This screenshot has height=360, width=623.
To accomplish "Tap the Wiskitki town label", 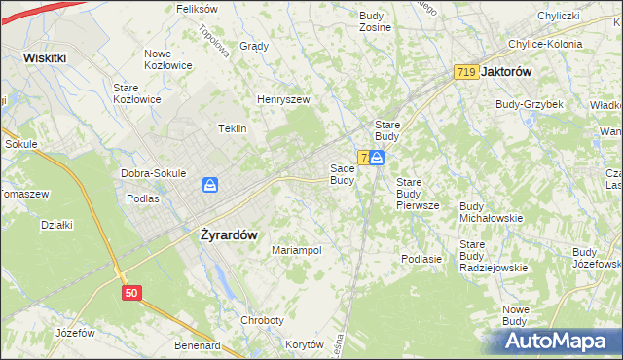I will (x=45, y=57).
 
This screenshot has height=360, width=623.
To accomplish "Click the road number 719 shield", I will (x=464, y=72).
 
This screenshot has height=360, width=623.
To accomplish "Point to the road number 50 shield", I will (x=132, y=292).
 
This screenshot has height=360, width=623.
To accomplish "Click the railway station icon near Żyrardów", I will (x=209, y=185).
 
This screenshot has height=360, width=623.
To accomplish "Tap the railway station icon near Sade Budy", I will (x=377, y=157).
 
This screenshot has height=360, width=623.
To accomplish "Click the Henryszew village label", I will (x=282, y=99).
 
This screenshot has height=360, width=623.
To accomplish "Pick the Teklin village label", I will (x=232, y=128).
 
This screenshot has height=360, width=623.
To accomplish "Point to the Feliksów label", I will (x=196, y=9).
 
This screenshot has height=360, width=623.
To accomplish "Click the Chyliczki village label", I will (x=559, y=16).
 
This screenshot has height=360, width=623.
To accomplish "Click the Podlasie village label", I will (x=421, y=259).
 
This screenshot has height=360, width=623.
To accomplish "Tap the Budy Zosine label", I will (x=375, y=21).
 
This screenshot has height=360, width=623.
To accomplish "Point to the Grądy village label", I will (x=253, y=46).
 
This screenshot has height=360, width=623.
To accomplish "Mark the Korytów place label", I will (x=305, y=345).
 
